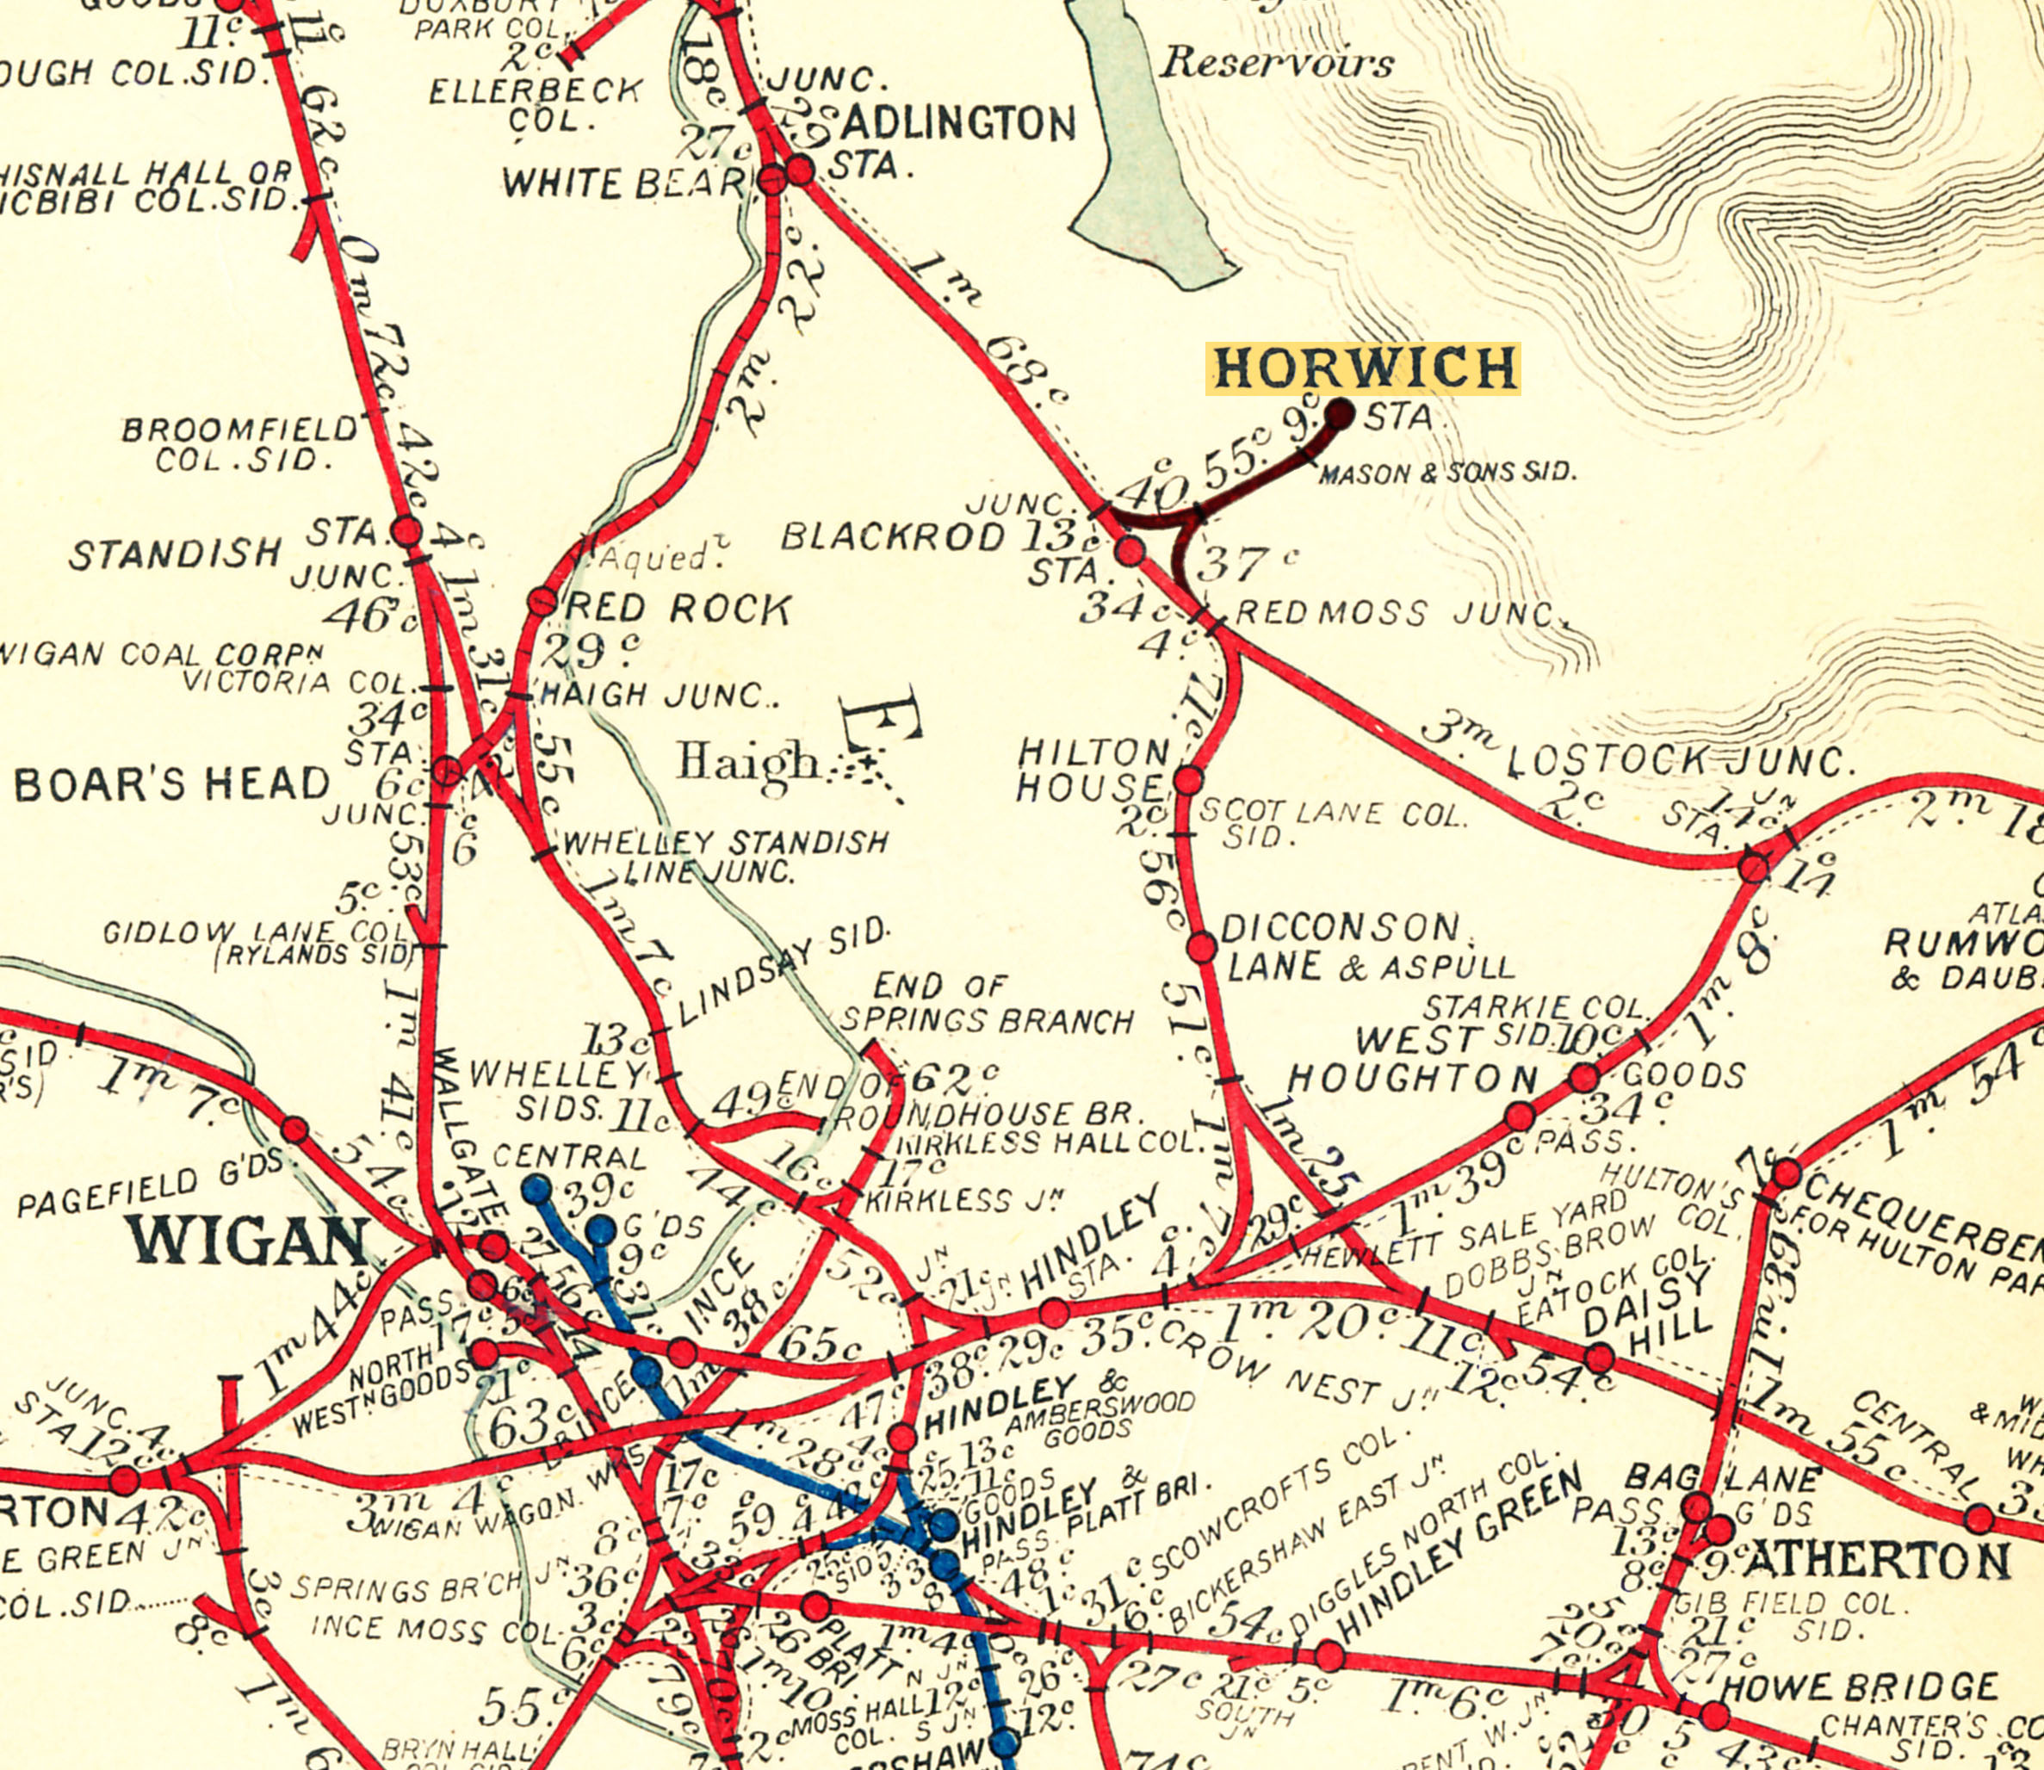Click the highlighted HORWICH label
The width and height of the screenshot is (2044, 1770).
[1363, 368]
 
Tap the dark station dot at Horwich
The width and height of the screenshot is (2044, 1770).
[1340, 414]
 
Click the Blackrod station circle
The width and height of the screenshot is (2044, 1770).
[1130, 551]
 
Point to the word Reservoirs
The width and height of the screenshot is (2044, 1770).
[1276, 63]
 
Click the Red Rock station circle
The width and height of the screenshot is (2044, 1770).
[542, 601]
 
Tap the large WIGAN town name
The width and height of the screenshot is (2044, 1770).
[247, 1241]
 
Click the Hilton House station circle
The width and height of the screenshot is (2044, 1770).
[1188, 780]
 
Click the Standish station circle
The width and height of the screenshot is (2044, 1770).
[407, 531]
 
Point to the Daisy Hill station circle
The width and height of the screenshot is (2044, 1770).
[1601, 1358]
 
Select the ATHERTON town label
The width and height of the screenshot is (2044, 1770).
[1876, 1562]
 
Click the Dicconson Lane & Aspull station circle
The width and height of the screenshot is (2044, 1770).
[1201, 947]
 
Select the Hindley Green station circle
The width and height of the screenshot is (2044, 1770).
[1329, 1656]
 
